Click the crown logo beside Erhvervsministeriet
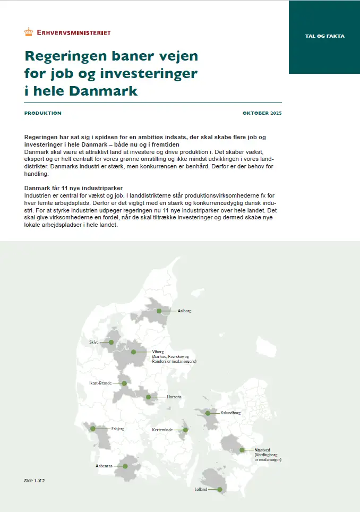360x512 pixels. pyautogui.click(x=29, y=32)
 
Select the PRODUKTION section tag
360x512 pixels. pyautogui.click(x=43, y=113)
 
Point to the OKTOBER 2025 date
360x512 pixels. pyautogui.click(x=262, y=113)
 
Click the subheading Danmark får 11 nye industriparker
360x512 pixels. pyautogui.click(x=74, y=189)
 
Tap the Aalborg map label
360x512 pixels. pyautogui.click(x=184, y=311)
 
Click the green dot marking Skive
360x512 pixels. pyautogui.click(x=112, y=343)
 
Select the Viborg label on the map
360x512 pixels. pyautogui.click(x=158, y=352)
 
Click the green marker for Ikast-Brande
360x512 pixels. pyautogui.click(x=124, y=383)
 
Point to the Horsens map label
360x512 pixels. pyautogui.click(x=174, y=397)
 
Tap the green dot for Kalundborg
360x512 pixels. pyautogui.click(x=208, y=413)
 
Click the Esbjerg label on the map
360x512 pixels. pyautogui.click(x=117, y=428)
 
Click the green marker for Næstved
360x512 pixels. pyautogui.click(x=242, y=450)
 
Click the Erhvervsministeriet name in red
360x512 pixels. pyautogui.click(x=74, y=32)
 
